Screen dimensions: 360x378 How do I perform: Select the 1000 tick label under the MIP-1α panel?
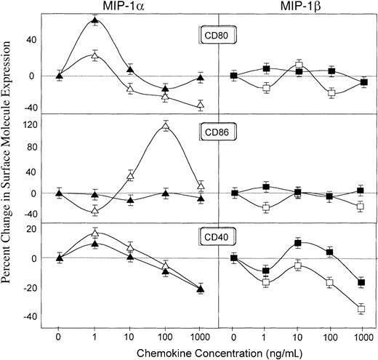pyautogui.click(x=201, y=337)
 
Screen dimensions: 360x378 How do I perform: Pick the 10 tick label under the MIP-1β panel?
pyautogui.click(x=298, y=337)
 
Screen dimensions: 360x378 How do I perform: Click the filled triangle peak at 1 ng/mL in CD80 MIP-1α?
pyautogui.click(x=95, y=20)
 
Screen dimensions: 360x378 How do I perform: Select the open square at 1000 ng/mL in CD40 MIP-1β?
pyautogui.click(x=361, y=309)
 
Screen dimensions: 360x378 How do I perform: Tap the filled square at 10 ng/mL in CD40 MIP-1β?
pyautogui.click(x=298, y=243)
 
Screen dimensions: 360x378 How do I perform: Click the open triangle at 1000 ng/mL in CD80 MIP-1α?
pyautogui.click(x=201, y=106)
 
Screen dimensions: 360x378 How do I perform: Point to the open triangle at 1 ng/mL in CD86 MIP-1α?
pyautogui.click(x=95, y=211)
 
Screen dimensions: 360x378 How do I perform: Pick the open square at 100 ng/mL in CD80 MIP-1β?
pyautogui.click(x=331, y=93)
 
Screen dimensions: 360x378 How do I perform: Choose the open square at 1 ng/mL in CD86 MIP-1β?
pyautogui.click(x=266, y=208)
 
